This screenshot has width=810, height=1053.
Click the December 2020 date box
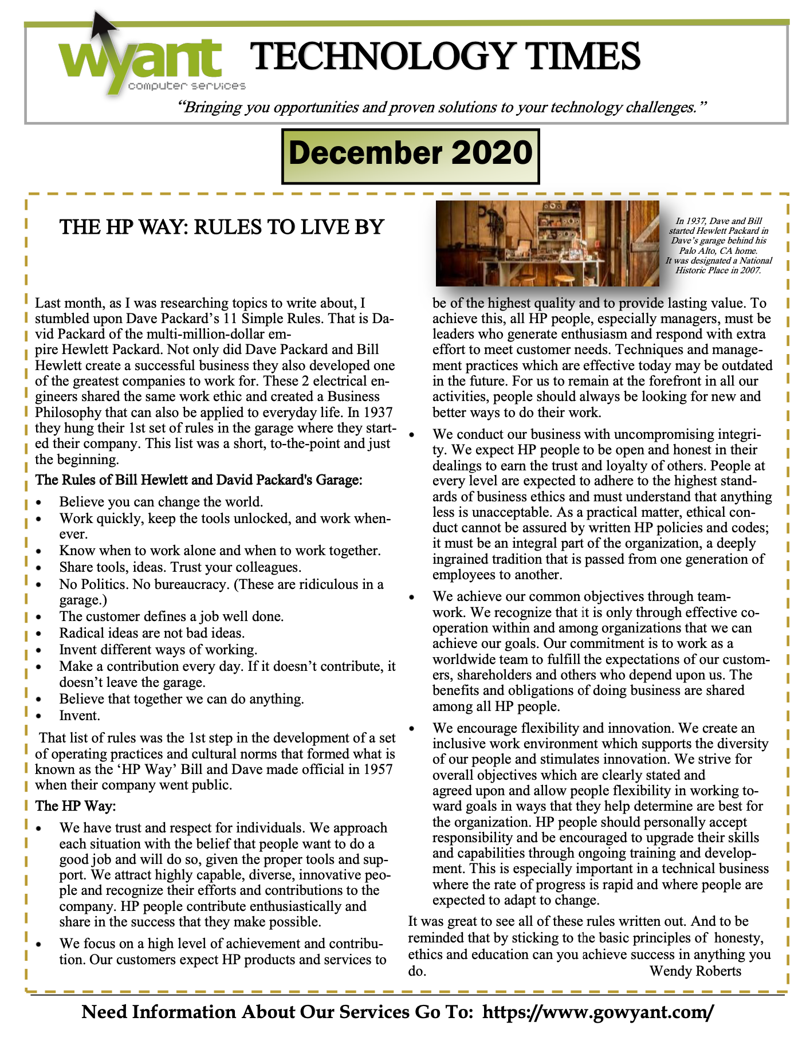point(411,155)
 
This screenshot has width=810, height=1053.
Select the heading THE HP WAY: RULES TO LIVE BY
point(222,227)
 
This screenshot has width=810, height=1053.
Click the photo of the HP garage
point(547,243)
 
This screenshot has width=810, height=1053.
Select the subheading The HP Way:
point(76,806)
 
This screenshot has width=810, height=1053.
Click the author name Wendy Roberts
point(695,971)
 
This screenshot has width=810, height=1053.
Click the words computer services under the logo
point(187,87)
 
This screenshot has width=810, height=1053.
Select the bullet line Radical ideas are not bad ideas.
point(152,633)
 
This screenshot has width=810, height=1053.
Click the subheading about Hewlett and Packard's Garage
point(199,480)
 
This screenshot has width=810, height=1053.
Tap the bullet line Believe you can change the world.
point(161,502)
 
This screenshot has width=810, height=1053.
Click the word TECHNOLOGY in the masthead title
point(380,57)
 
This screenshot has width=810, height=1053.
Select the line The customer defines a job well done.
point(171,617)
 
